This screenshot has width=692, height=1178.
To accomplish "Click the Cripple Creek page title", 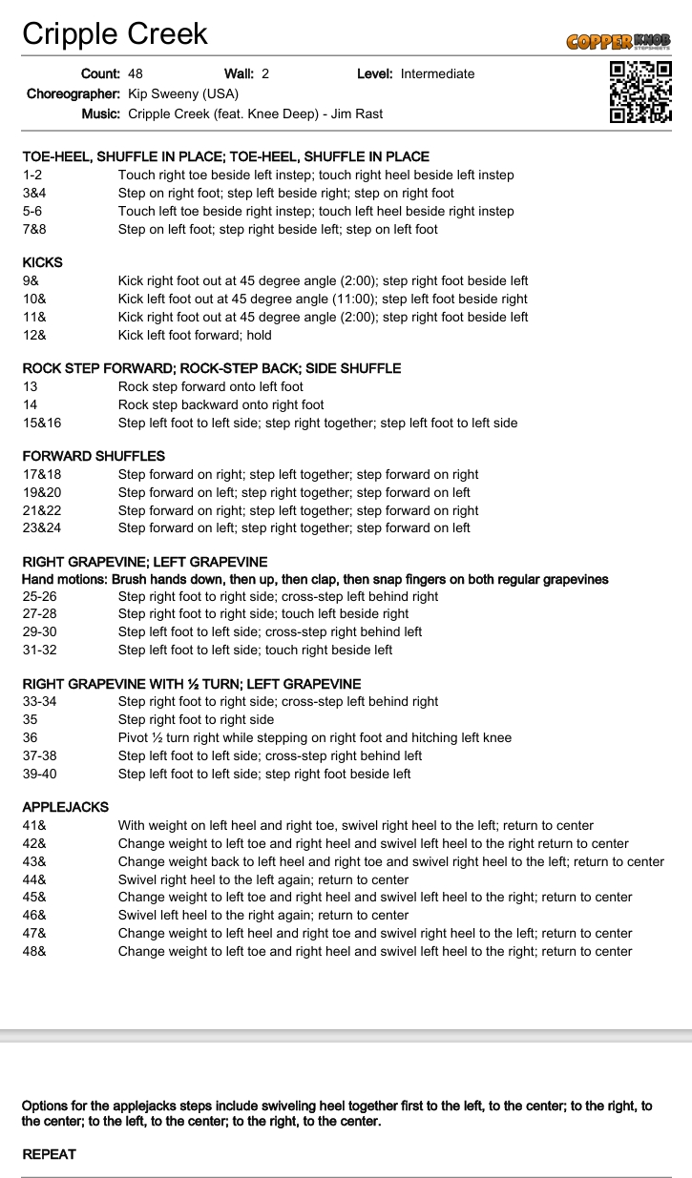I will tap(115, 34).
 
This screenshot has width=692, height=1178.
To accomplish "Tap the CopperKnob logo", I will tap(618, 41).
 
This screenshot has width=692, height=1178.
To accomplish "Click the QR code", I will tap(640, 92).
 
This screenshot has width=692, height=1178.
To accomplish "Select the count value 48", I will tap(136, 73).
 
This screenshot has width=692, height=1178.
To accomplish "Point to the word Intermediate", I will tap(437, 73).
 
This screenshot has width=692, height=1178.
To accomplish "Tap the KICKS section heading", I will tap(43, 262).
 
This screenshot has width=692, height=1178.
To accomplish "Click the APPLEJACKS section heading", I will tap(66, 807).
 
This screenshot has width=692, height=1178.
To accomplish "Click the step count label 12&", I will tap(34, 335).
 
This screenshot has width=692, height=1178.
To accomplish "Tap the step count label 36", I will tap(31, 737).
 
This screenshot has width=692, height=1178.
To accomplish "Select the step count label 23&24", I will tap(42, 527).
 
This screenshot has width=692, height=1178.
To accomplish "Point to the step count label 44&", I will tap(34, 879).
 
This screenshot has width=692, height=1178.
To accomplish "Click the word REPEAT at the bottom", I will tap(49, 1154).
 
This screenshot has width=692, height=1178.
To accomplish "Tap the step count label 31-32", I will tap(39, 650).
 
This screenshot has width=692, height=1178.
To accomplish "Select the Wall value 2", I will tap(265, 73).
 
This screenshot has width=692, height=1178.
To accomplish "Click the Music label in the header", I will tap(101, 114).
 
